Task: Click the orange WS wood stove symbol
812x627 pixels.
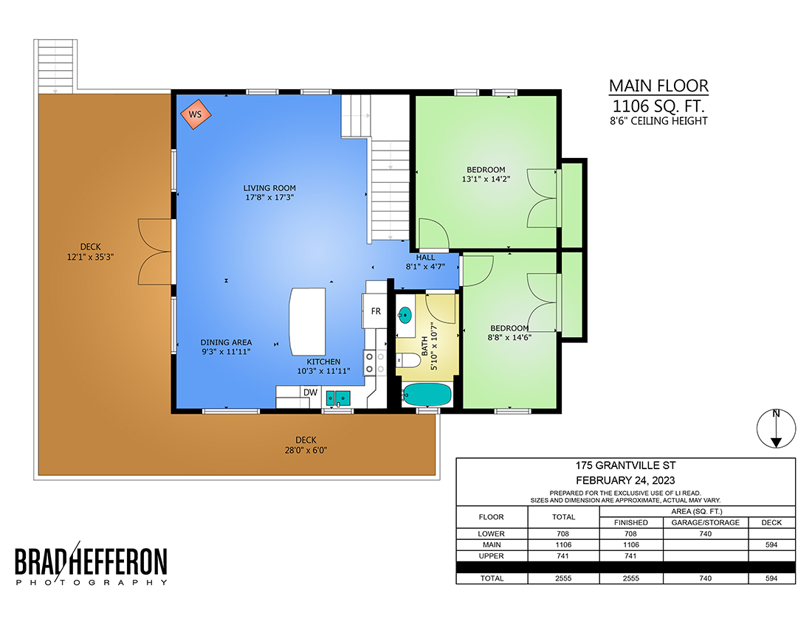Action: pos(196,114)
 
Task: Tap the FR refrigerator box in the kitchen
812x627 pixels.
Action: pos(375,311)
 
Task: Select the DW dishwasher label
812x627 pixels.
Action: pos(310,392)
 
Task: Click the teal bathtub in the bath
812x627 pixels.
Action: pos(427,394)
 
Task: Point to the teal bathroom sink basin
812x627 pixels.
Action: pos(405,314)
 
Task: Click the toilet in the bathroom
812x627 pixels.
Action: pos(409,360)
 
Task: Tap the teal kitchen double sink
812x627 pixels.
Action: pos(338,398)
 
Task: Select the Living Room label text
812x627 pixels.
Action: pos(269,188)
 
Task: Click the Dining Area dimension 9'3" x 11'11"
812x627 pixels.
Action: pos(226,352)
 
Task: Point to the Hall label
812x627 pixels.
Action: pos(426,257)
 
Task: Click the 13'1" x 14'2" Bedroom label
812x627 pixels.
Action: pos(486,174)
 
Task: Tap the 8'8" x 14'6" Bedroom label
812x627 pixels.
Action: pos(509,333)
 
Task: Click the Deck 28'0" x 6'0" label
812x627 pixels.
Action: pos(306,445)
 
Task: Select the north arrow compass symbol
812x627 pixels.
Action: pos(776,429)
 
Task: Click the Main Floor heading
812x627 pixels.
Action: pos(658,86)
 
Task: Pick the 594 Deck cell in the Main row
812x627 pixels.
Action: pos(771,544)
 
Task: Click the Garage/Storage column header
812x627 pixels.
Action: pos(705,522)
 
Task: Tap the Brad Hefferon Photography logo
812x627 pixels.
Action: pos(91,563)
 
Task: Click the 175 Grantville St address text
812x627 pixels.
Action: pos(625,465)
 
